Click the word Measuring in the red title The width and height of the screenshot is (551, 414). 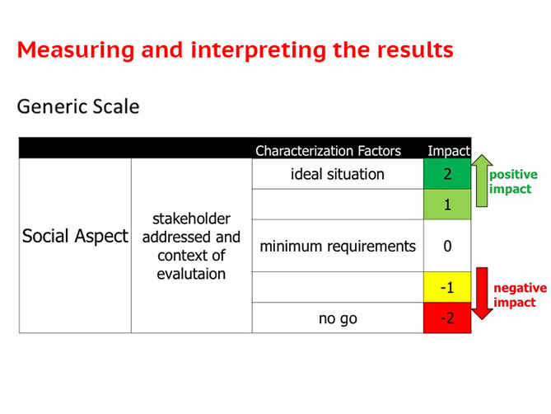click(76, 50)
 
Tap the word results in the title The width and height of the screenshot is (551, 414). click(415, 50)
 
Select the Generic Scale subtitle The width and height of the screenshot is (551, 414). click(78, 106)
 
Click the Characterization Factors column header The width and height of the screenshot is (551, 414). click(328, 151)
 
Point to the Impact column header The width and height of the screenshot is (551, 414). click(449, 151)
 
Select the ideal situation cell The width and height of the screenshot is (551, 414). click(338, 174)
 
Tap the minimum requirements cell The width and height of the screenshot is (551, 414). click(338, 246)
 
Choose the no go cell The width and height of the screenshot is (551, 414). click(338, 318)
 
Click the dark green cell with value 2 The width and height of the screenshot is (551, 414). click(447, 174)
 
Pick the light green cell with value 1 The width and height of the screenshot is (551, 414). click(447, 205)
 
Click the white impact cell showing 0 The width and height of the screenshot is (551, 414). click(447, 246)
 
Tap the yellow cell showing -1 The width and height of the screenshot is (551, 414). click(447, 287)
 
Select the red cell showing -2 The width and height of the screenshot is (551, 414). click(447, 318)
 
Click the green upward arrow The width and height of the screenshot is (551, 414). click(482, 181)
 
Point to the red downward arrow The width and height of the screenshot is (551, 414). click(482, 294)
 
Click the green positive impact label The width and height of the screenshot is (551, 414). click(513, 181)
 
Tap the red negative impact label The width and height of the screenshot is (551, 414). click(520, 295)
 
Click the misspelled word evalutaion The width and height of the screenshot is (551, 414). click(191, 274)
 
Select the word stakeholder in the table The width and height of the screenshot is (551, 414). click(192, 219)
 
